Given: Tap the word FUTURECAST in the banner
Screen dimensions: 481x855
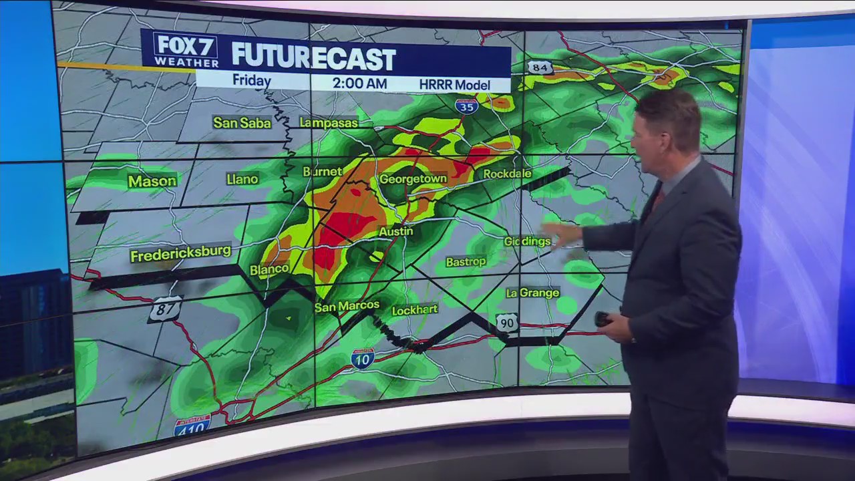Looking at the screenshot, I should coord(313,58).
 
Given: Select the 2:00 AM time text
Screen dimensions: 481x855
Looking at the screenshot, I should coord(359,84).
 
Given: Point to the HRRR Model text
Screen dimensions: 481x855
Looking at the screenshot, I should coord(454,85).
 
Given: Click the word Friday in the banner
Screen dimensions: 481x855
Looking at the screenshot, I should coord(251,81).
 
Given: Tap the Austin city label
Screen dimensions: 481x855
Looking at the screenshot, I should coord(396,231).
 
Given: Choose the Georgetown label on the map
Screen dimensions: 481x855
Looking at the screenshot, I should coord(412,179).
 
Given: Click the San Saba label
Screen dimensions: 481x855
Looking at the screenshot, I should coord(242,123).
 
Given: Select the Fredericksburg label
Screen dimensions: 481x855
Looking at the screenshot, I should coord(180,254).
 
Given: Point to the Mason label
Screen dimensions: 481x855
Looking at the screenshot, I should coord(152,181).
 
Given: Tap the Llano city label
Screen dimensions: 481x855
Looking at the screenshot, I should coord(242,179).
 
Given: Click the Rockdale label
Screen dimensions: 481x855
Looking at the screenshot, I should coord(507,174).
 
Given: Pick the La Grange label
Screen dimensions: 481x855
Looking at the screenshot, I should coord(532,293).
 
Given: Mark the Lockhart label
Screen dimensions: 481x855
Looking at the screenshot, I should coord(414,310).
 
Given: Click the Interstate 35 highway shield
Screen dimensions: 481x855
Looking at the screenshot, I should coord(466,106).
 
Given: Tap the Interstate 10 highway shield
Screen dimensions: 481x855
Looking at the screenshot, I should coord(362,358).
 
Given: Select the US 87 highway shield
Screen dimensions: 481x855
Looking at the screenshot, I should coord(165,309).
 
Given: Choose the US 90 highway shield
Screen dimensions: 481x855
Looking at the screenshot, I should coord(506,323).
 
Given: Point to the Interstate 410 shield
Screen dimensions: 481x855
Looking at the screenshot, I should coord(192,425).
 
